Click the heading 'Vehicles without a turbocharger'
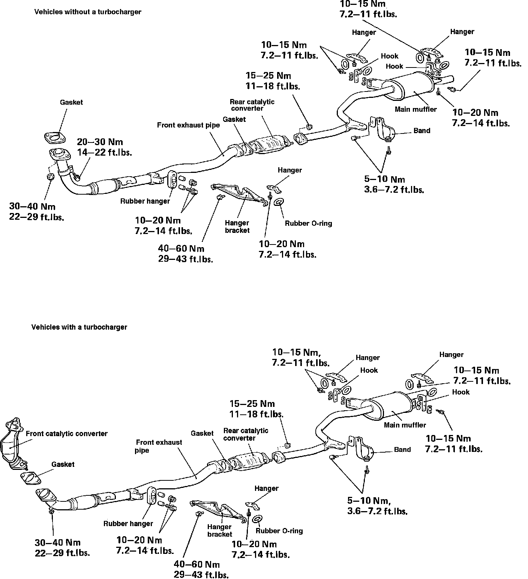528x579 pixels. [x=88, y=12]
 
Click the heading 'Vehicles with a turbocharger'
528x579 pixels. [x=79, y=327]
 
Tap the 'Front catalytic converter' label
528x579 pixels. [x=66, y=434]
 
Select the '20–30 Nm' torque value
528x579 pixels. [x=100, y=142]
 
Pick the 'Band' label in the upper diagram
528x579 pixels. [x=421, y=131]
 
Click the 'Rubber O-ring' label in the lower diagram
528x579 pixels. [x=279, y=531]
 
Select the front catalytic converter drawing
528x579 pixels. [x=13, y=442]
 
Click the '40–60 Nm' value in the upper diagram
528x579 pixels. [x=181, y=249]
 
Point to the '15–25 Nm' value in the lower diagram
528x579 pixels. [x=252, y=404]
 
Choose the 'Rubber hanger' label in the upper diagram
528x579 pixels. [x=145, y=201]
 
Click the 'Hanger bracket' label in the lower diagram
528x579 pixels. [x=220, y=531]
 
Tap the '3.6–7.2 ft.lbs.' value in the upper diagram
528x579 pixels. [x=394, y=189]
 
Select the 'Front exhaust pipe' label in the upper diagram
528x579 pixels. [x=188, y=125]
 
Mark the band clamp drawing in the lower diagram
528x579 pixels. [x=362, y=447]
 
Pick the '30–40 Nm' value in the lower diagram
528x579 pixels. [x=57, y=543]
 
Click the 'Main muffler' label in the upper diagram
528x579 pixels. [x=415, y=109]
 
